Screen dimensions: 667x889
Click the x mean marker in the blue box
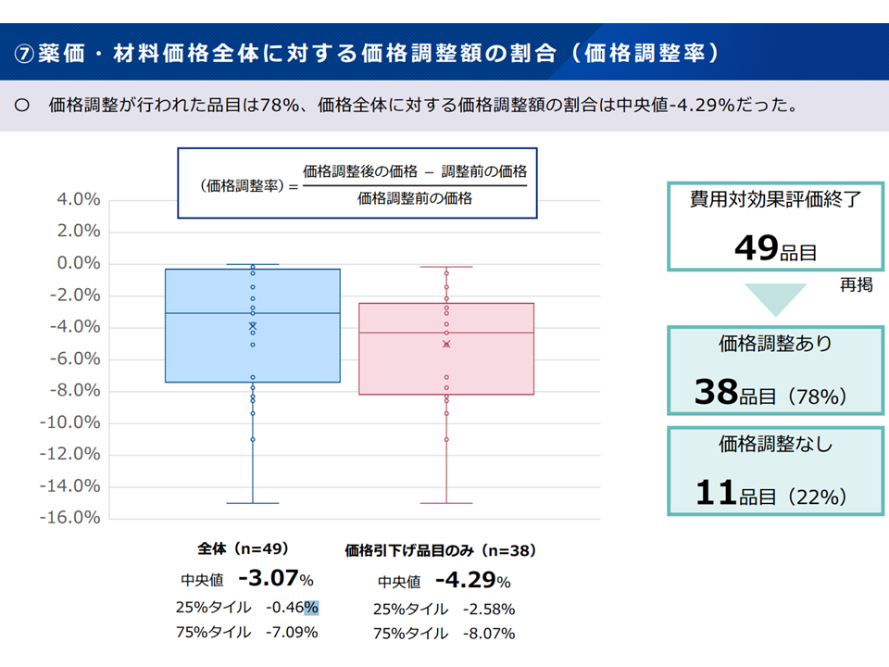click(253, 325)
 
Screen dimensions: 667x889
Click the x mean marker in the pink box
click(446, 344)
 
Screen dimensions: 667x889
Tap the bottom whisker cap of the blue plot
click(253, 503)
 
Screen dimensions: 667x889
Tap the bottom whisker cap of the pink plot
click(446, 503)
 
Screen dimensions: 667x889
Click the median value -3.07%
click(275, 579)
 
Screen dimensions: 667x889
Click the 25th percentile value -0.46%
click(292, 608)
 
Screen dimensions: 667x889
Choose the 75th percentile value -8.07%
click(482, 634)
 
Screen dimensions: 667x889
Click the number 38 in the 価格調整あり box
click(715, 394)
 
